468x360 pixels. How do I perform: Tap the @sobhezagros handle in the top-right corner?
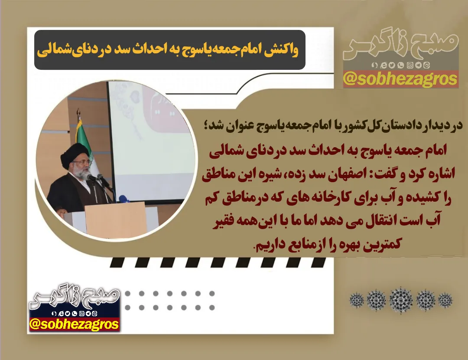coord(400,79)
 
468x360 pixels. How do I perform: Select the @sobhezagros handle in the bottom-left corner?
coord(74,324)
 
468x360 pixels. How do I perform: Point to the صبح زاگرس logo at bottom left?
coord(75,295)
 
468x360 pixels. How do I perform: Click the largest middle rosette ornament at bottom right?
coord(401,300)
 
